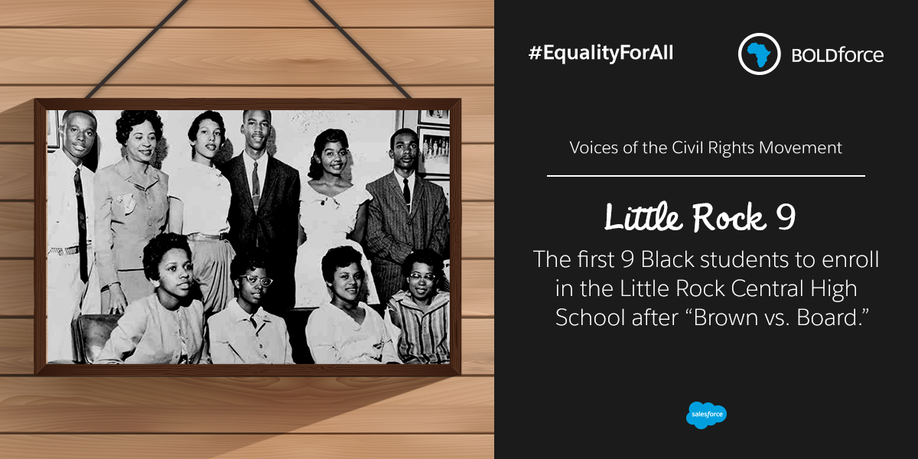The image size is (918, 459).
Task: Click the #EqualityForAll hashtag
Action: [x=601, y=54]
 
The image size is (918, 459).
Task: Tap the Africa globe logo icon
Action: [x=759, y=54]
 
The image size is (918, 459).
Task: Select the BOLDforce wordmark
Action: [x=838, y=55]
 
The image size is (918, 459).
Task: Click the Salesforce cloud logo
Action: [x=706, y=415]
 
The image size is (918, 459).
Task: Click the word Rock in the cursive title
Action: [x=729, y=217]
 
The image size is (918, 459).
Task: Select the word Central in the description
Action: [x=767, y=288]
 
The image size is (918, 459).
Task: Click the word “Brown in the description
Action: [x=725, y=317]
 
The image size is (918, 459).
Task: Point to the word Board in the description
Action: [x=828, y=317]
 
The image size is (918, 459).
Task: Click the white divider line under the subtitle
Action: [x=705, y=176]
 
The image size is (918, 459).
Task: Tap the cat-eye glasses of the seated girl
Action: [x=256, y=281]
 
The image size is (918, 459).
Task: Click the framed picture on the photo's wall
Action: [x=434, y=150]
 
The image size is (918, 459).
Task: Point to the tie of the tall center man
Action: [x=256, y=187]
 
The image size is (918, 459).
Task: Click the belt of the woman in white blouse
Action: [x=207, y=237]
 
